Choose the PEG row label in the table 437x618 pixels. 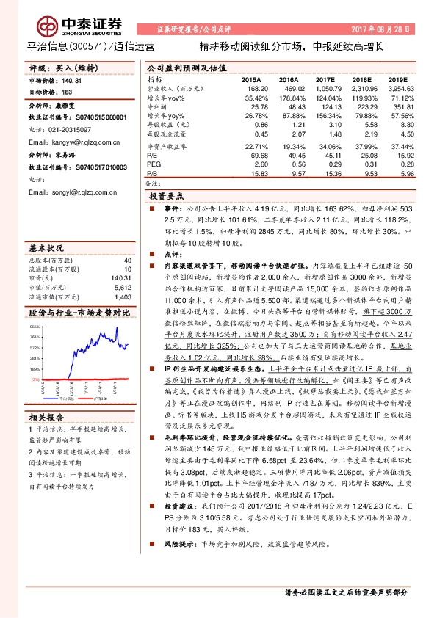pyautogui.click(x=154, y=164)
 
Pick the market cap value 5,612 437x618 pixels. pyautogui.click(x=122, y=269)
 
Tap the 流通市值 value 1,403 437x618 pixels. pyautogui.click(x=122, y=277)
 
